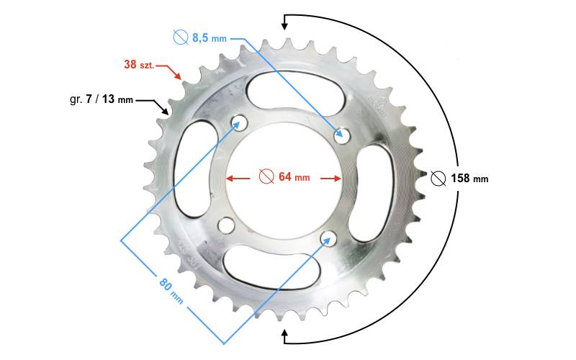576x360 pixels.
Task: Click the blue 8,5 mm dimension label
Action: (x=210, y=37)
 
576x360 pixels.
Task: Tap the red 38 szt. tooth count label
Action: (x=139, y=65)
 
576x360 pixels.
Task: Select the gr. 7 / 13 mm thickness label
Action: (x=102, y=99)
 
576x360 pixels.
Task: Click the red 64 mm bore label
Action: (x=294, y=176)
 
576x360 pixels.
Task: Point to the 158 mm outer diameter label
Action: (x=469, y=178)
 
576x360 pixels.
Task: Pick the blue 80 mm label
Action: (x=171, y=290)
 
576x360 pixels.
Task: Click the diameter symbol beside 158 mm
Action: (x=438, y=179)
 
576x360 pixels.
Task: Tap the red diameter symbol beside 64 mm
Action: (x=266, y=176)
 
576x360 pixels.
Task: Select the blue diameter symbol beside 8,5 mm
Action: (x=181, y=37)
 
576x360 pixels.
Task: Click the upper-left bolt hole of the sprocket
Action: (x=238, y=122)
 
